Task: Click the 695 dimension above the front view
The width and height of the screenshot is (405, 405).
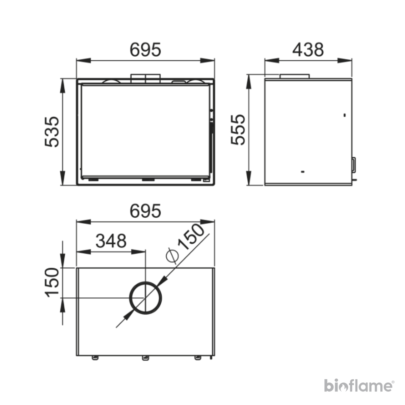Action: click(x=145, y=50)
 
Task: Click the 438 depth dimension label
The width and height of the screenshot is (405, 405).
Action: click(x=308, y=50)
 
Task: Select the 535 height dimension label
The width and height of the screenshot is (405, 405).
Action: click(x=52, y=132)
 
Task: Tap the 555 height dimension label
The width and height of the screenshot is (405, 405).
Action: click(x=238, y=130)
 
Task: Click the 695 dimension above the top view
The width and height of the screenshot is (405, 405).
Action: click(x=145, y=211)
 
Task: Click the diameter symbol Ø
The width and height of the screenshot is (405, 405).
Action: click(x=172, y=255)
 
